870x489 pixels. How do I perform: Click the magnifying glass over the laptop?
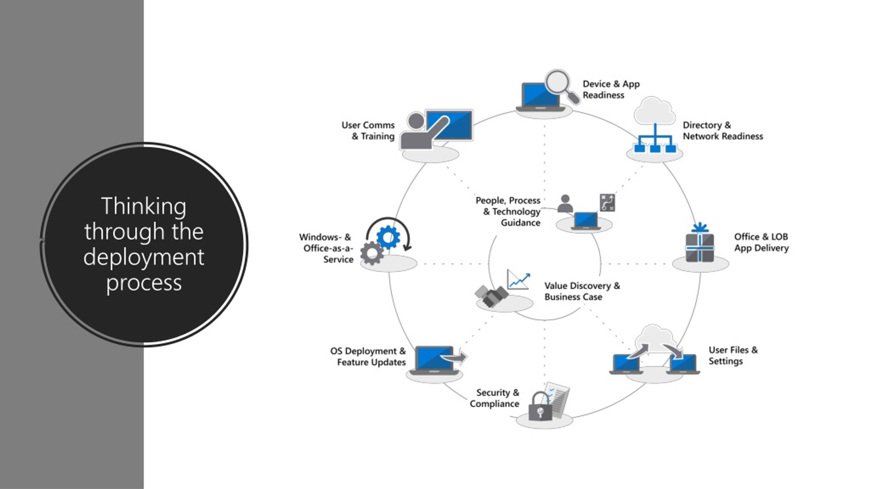[558, 83]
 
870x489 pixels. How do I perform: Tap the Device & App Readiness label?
[611, 89]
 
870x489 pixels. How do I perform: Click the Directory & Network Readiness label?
[723, 131]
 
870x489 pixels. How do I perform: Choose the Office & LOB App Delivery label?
[761, 242]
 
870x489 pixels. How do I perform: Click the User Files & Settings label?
[733, 355]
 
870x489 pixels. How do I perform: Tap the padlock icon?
[540, 407]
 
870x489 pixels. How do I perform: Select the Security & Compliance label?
[494, 398]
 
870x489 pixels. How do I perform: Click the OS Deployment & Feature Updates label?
[368, 357]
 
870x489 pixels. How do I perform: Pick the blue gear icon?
[388, 237]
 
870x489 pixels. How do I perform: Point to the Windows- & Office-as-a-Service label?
[326, 248]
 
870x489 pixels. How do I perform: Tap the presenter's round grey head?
[416, 121]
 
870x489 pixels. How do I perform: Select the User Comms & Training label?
[368, 131]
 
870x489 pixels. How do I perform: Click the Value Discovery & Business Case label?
[582, 291]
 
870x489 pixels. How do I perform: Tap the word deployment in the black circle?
[144, 257]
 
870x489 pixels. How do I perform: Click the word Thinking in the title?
[144, 206]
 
